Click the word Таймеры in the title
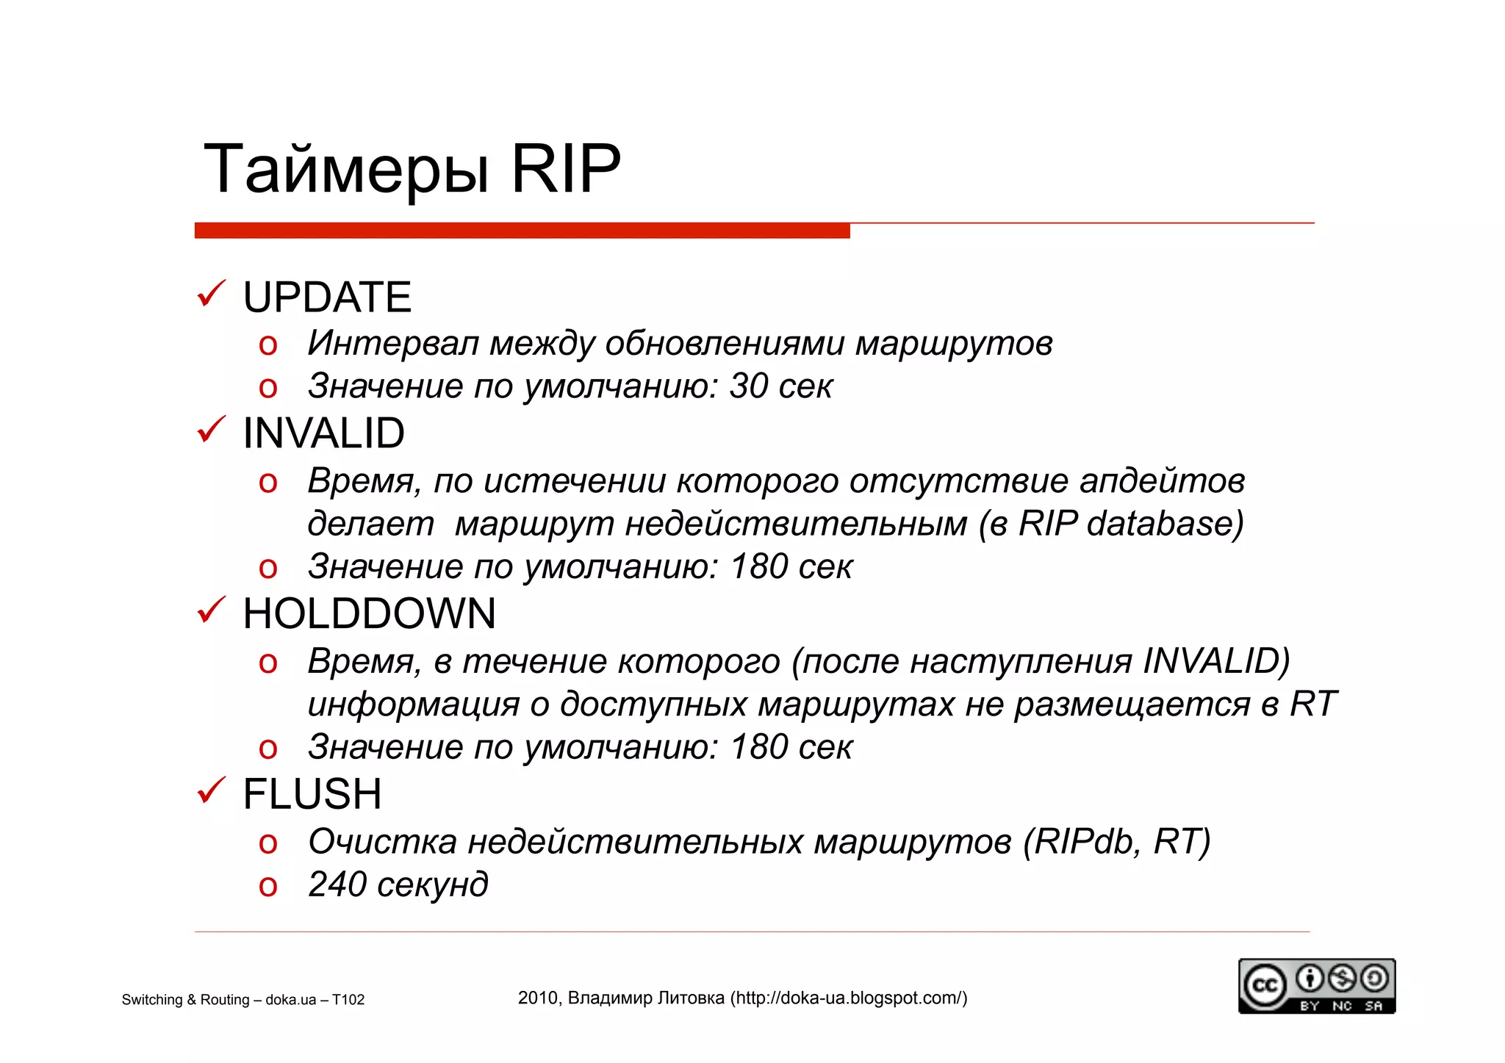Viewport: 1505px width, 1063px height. click(x=345, y=170)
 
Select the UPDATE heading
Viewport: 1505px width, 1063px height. click(x=327, y=298)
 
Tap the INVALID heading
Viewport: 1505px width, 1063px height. click(x=323, y=433)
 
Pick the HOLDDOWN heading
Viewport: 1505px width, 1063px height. click(x=369, y=613)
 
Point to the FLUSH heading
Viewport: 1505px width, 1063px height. click(x=312, y=794)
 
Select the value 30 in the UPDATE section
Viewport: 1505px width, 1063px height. click(x=748, y=386)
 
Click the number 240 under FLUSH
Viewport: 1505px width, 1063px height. click(x=337, y=884)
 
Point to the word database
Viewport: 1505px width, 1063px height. click(x=1158, y=524)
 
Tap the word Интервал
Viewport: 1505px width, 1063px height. click(x=393, y=343)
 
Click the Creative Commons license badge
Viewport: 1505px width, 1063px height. click(x=1316, y=986)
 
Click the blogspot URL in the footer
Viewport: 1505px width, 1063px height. click(x=848, y=998)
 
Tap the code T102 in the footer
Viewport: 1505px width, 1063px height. click(x=348, y=1000)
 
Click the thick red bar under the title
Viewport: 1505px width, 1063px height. click(x=522, y=231)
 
